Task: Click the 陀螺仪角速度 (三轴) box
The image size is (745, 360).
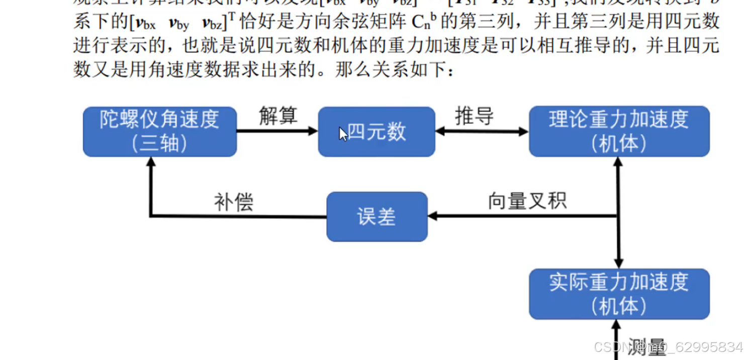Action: pyautogui.click(x=159, y=131)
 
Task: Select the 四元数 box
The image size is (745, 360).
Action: pyautogui.click(x=377, y=131)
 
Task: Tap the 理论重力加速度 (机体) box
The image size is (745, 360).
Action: pyautogui.click(x=619, y=131)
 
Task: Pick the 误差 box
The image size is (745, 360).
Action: pyautogui.click(x=377, y=217)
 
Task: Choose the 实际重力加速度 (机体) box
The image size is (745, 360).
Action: pyautogui.click(x=619, y=294)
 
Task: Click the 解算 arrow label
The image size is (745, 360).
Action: pyautogui.click(x=278, y=116)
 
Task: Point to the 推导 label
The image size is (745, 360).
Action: pyautogui.click(x=474, y=116)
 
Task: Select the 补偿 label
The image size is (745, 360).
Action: pyautogui.click(x=233, y=202)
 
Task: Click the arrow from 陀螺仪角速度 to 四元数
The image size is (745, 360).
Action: pyautogui.click(x=276, y=131)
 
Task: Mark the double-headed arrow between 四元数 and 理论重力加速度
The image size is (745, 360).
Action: pyautogui.click(x=482, y=131)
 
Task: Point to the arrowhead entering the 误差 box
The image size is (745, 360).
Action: pyautogui.click(x=432, y=216)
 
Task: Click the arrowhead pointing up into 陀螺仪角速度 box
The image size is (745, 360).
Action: pyautogui.click(x=150, y=162)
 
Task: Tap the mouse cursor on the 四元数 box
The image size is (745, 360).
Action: pyautogui.click(x=343, y=134)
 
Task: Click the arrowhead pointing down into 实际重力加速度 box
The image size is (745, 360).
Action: pyautogui.click(x=618, y=263)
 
